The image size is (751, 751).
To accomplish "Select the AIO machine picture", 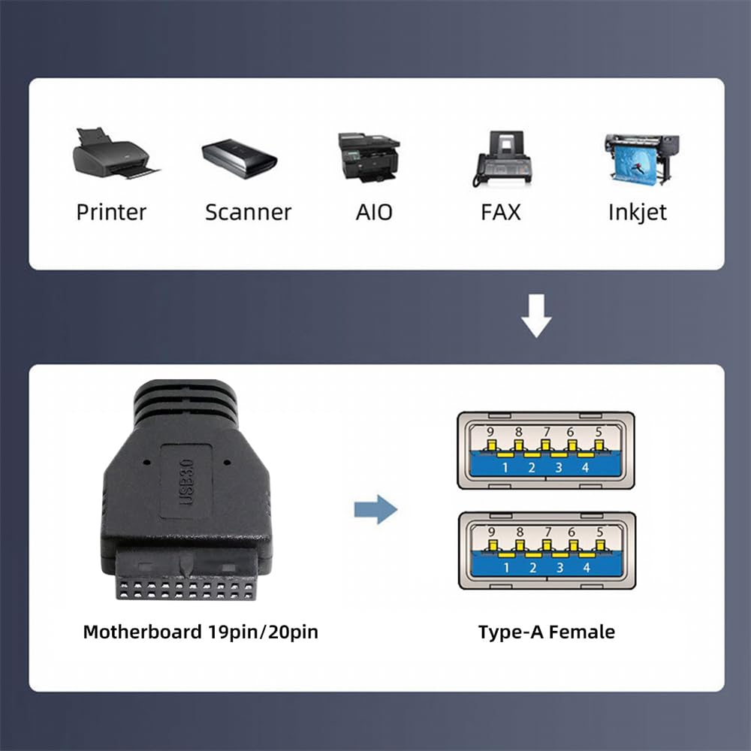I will tap(368, 156).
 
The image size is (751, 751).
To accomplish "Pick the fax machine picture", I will tap(502, 158).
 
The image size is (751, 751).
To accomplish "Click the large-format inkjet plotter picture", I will tap(641, 158).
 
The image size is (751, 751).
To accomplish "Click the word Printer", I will tap(111, 212).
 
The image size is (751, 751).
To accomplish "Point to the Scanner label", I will tap(248, 212).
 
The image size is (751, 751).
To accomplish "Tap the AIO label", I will tap(373, 212).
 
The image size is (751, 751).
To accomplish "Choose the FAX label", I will tap(500, 212).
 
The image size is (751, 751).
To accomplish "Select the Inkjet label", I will tap(637, 212).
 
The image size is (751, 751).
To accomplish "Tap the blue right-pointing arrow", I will tap(375, 510).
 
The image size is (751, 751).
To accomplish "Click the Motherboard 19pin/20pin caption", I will tap(201, 632).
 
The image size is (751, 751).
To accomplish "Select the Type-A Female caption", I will tap(546, 632).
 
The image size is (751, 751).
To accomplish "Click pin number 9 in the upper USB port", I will tap(490, 432).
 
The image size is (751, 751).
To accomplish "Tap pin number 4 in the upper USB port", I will tap(586, 468).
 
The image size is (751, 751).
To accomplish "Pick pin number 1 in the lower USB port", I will tap(505, 568).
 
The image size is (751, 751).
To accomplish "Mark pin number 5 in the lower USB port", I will tap(599, 532).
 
